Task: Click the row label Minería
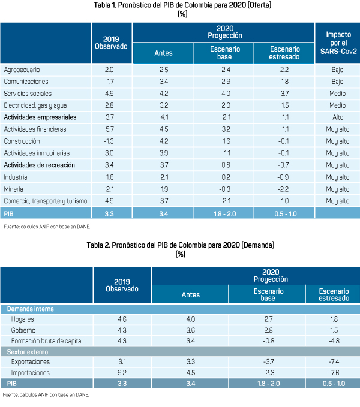[x=14, y=188]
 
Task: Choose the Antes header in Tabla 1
[x=163, y=53]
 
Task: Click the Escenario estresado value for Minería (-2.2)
[x=284, y=188]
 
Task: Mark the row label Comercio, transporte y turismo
[x=46, y=200]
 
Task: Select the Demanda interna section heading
[x=30, y=309]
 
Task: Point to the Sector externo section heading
[x=28, y=351]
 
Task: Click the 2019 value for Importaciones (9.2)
[x=122, y=372]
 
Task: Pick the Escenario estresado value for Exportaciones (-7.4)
[x=331, y=361]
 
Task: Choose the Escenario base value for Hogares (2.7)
[x=267, y=319]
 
